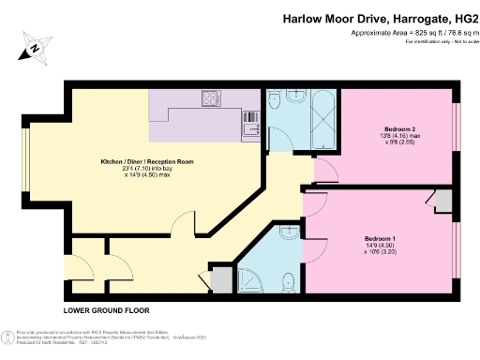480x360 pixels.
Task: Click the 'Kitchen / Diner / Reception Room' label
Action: pyautogui.click(x=147, y=162)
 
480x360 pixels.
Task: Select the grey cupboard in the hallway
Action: pyautogui.click(x=220, y=280)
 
